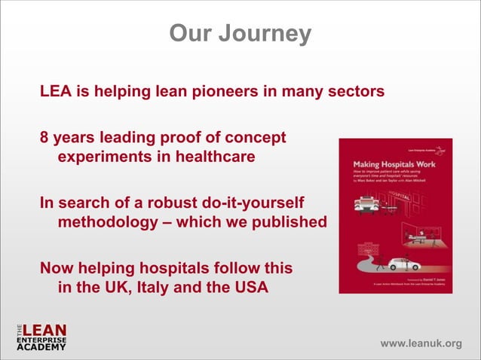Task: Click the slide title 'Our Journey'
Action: [x=240, y=34]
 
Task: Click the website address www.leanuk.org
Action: [x=421, y=344]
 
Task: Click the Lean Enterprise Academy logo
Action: [x=41, y=338]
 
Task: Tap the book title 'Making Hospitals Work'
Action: [x=394, y=163]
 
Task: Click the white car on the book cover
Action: [x=403, y=264]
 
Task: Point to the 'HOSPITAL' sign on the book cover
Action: [x=402, y=194]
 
